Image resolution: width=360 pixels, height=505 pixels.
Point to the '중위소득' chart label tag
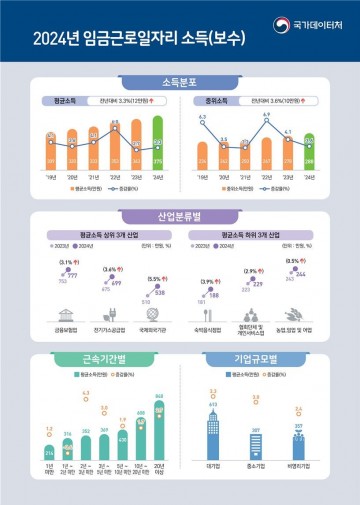pos(209,101)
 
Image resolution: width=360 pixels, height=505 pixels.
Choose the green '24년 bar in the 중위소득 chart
pos(309,155)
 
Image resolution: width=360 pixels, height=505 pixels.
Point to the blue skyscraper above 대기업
pos(213,435)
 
